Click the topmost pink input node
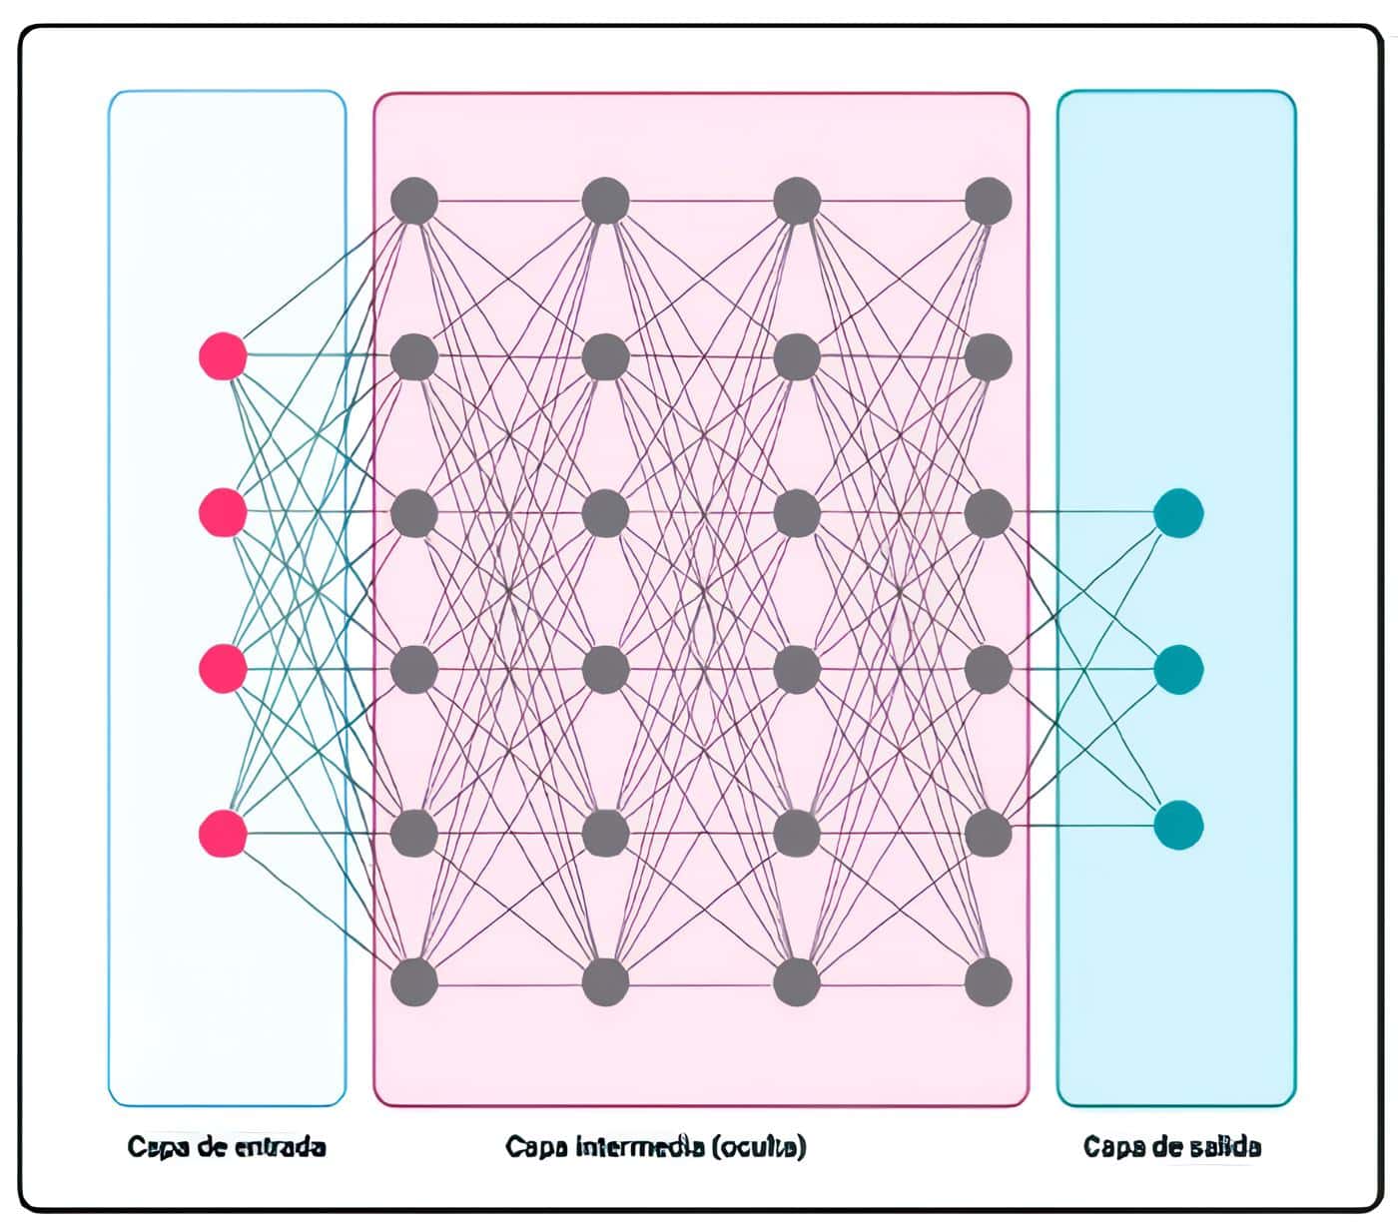[x=223, y=356]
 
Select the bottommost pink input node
[x=223, y=834]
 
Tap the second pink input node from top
[x=223, y=512]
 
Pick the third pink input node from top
[x=223, y=669]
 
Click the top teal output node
[x=1178, y=513]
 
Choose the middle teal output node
[x=1178, y=669]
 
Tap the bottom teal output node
[x=1178, y=825]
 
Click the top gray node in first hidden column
[x=414, y=201]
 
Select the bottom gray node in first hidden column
[x=414, y=981]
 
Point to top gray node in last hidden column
[x=989, y=201]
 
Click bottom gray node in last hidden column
[x=989, y=981]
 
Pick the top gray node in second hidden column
[x=605, y=201]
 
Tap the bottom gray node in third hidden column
[x=797, y=981]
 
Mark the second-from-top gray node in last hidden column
[x=989, y=356]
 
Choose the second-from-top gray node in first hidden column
[x=414, y=356]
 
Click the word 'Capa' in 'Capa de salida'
[x=1108, y=1146]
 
